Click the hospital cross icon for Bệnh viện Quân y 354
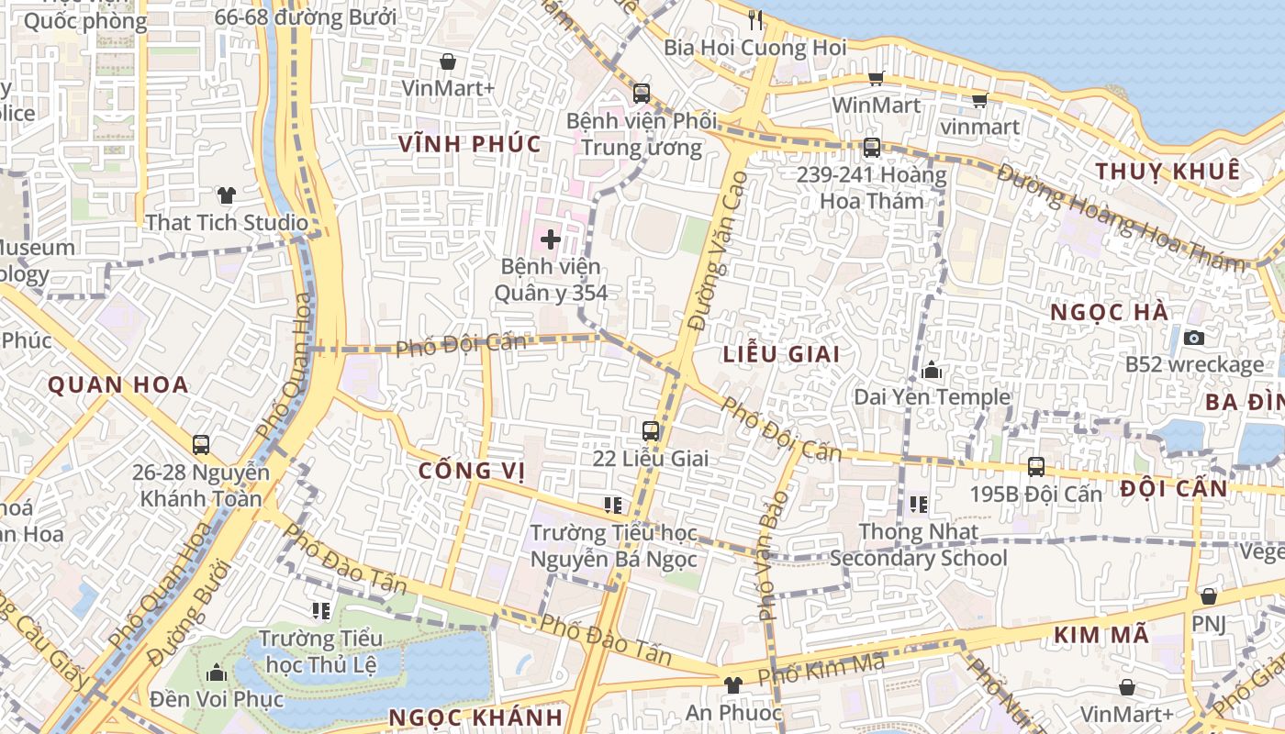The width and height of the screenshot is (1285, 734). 551,240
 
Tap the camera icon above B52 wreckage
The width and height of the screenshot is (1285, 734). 1194,338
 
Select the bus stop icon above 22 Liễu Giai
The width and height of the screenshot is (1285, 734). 651,430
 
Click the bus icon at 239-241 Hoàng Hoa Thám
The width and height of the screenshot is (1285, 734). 871,147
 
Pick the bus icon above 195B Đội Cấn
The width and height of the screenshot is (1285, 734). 1036,466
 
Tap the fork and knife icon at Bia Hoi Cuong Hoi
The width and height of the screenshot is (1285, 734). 755,19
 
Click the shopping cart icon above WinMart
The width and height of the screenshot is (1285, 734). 876,79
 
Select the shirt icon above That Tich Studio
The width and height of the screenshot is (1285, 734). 227,195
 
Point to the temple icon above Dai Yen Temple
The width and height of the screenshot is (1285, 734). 932,371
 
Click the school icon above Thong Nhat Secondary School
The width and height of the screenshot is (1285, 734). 919,504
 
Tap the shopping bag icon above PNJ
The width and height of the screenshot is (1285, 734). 1209,596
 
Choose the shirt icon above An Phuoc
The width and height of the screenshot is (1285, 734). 732,684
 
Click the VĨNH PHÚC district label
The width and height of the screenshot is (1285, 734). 470,144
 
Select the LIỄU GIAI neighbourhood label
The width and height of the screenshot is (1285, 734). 781,354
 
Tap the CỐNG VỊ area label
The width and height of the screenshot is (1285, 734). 472,471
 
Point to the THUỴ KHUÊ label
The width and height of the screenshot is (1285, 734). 1168,172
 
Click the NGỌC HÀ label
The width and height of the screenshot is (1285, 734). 1110,313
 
